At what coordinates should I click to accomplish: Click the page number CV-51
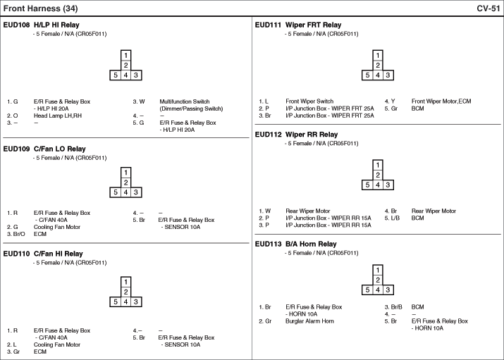click(x=488, y=8)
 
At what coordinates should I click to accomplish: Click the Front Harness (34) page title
click(x=40, y=8)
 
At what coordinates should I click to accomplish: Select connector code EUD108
click(x=16, y=25)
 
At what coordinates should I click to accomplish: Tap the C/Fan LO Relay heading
click(x=59, y=149)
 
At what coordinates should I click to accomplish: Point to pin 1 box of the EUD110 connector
click(x=125, y=282)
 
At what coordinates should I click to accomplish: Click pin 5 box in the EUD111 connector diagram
click(x=367, y=75)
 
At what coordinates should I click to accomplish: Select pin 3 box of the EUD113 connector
click(x=388, y=290)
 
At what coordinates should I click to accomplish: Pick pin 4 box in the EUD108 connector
click(x=125, y=75)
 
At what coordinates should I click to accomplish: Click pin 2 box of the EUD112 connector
click(x=378, y=175)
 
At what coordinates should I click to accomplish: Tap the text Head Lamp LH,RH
click(x=58, y=116)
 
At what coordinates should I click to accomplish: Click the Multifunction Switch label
click(x=185, y=101)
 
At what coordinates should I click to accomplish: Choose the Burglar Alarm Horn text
click(x=309, y=321)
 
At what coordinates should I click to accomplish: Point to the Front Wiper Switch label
click(x=309, y=101)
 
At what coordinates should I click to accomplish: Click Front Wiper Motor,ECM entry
click(x=441, y=101)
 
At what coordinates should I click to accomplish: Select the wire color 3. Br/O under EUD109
click(x=16, y=234)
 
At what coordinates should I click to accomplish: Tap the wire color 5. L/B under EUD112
click(x=392, y=218)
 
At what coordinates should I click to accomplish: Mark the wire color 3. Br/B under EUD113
click(x=393, y=307)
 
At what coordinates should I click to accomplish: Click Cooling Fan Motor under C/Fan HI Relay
click(x=57, y=345)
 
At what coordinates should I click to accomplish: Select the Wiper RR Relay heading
click(x=312, y=135)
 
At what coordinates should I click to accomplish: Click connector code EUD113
click(x=268, y=244)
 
